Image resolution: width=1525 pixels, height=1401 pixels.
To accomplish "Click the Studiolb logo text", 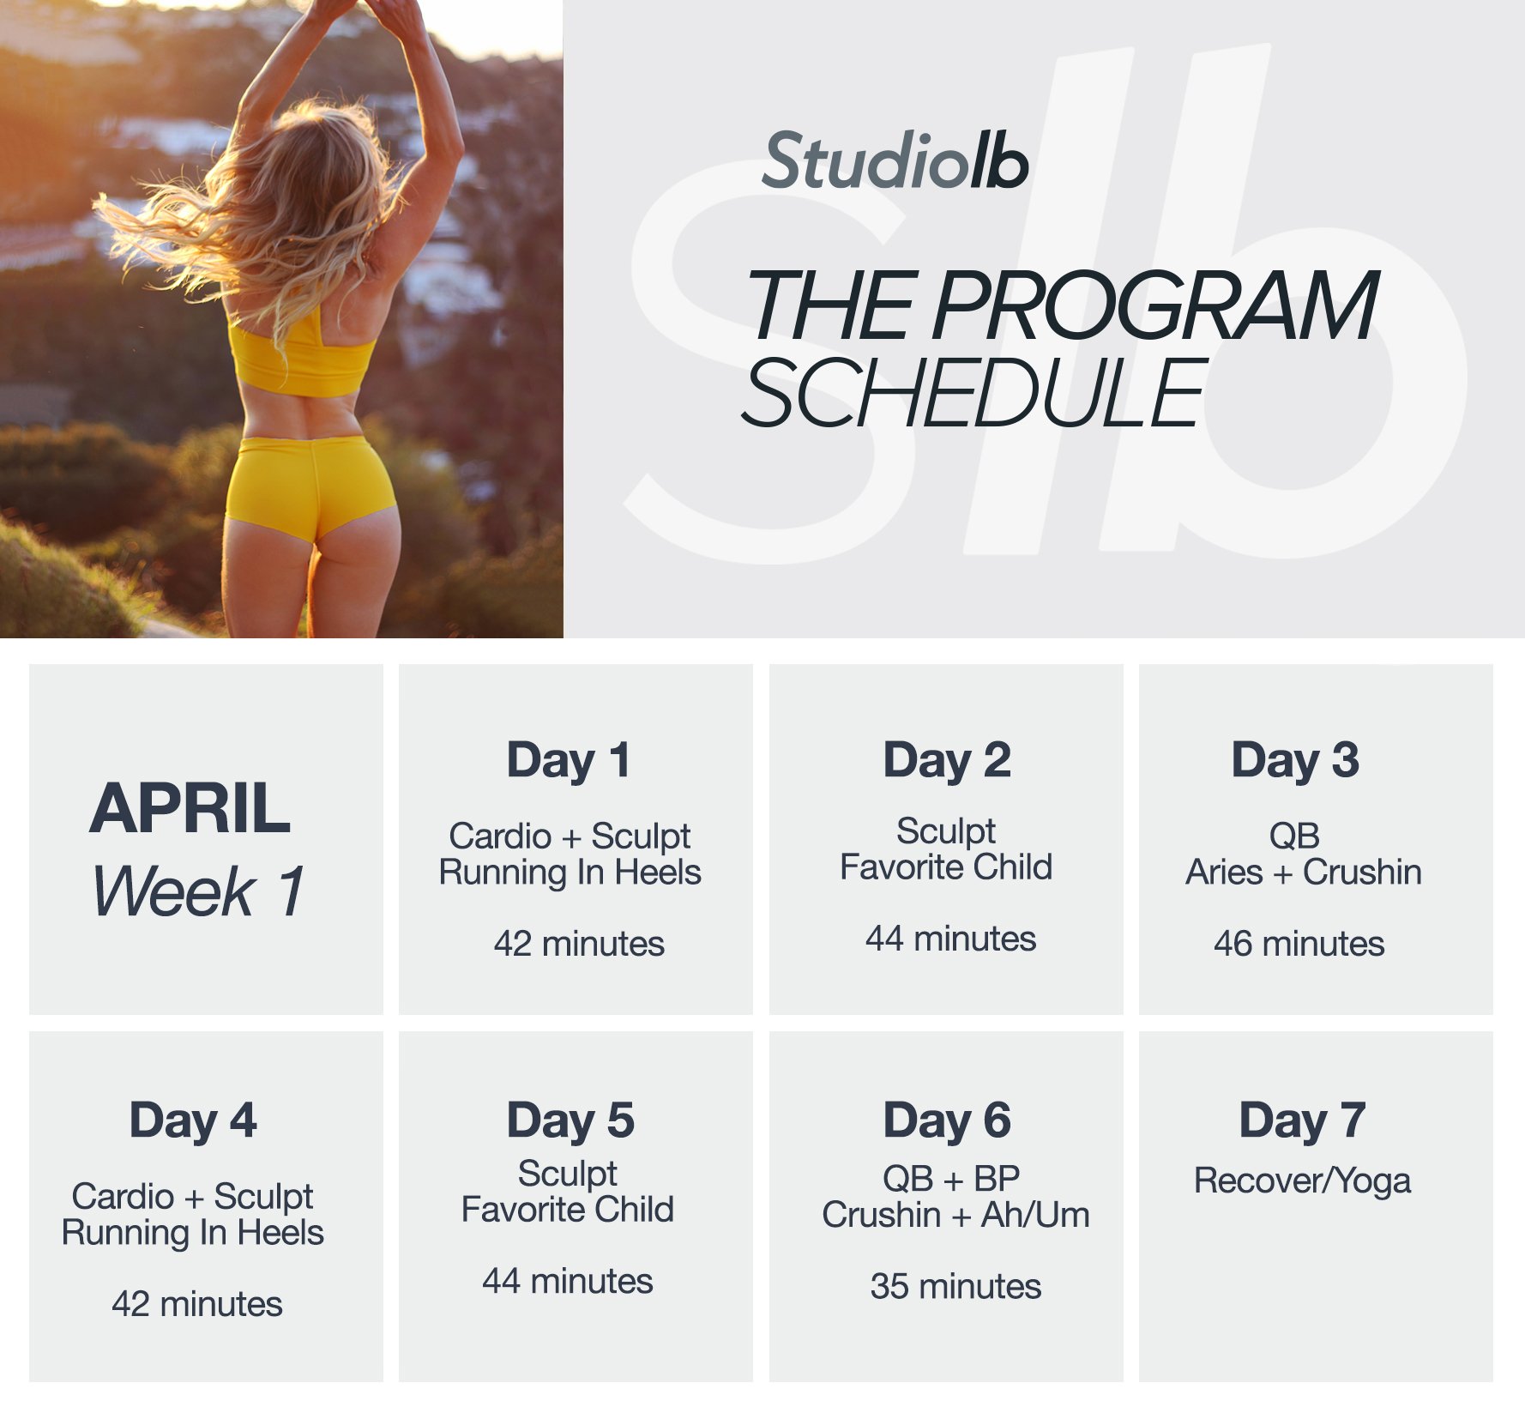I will (x=895, y=161).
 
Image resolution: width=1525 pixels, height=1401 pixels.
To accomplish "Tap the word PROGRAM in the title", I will (x=1155, y=306).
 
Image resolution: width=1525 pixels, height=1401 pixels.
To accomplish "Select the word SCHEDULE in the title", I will (x=974, y=393).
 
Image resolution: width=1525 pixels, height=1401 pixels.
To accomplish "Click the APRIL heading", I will (x=190, y=808).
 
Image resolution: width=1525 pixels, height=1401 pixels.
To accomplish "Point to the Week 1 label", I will (x=197, y=891).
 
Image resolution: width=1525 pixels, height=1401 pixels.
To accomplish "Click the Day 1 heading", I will (x=569, y=761).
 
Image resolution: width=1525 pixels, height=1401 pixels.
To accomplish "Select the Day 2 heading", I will (x=947, y=761).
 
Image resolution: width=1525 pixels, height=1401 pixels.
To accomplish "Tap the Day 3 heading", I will (x=1295, y=761).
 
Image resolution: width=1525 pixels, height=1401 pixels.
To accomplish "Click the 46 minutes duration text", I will (x=1299, y=944).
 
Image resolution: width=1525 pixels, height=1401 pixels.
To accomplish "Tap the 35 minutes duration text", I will (x=955, y=1286).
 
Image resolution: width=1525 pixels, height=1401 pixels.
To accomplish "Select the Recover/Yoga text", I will (x=1302, y=1181).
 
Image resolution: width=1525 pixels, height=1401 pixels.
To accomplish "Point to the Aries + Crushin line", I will (x=1303, y=873).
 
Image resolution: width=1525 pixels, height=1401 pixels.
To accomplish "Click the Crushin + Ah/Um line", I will (x=955, y=1215).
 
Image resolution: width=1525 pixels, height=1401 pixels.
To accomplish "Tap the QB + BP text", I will (x=951, y=1179).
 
